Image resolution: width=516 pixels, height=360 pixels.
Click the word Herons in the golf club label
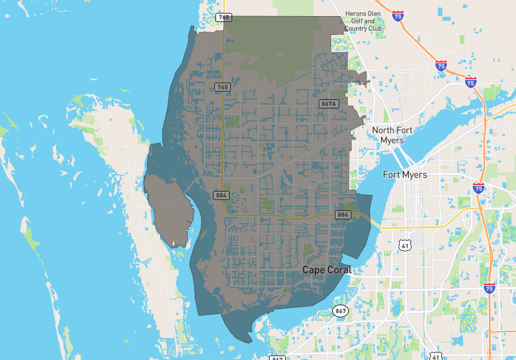[x=357, y=14]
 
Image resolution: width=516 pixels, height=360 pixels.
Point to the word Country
[x=358, y=29]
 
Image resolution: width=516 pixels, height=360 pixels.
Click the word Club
[x=376, y=29]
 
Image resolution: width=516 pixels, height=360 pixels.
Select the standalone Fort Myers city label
[x=405, y=175]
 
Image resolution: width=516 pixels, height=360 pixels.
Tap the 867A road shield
[x=329, y=103]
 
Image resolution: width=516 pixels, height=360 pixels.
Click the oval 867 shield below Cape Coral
[x=341, y=312]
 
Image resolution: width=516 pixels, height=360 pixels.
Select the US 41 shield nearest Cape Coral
[x=404, y=245]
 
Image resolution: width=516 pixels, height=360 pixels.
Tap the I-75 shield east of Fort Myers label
[x=479, y=188]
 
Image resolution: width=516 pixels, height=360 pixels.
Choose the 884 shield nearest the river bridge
[x=343, y=214]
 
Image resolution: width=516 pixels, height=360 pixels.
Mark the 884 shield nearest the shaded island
[x=221, y=194]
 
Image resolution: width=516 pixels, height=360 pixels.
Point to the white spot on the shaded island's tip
[x=174, y=244]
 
